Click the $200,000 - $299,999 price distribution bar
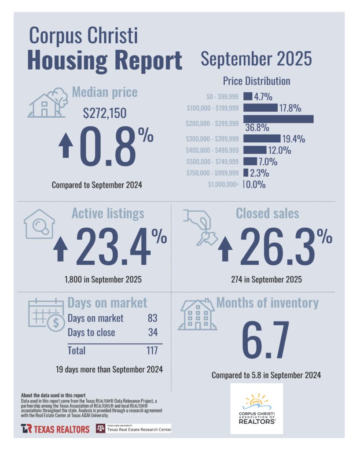[278, 119]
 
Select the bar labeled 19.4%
[261, 139]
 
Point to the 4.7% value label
[263, 96]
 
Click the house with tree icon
[45, 103]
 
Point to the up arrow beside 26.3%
[225, 249]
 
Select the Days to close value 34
[153, 332]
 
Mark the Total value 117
[151, 351]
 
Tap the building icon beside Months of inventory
[197, 315]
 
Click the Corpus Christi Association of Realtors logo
[257, 408]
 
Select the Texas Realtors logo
[55, 429]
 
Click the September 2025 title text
[256, 59]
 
